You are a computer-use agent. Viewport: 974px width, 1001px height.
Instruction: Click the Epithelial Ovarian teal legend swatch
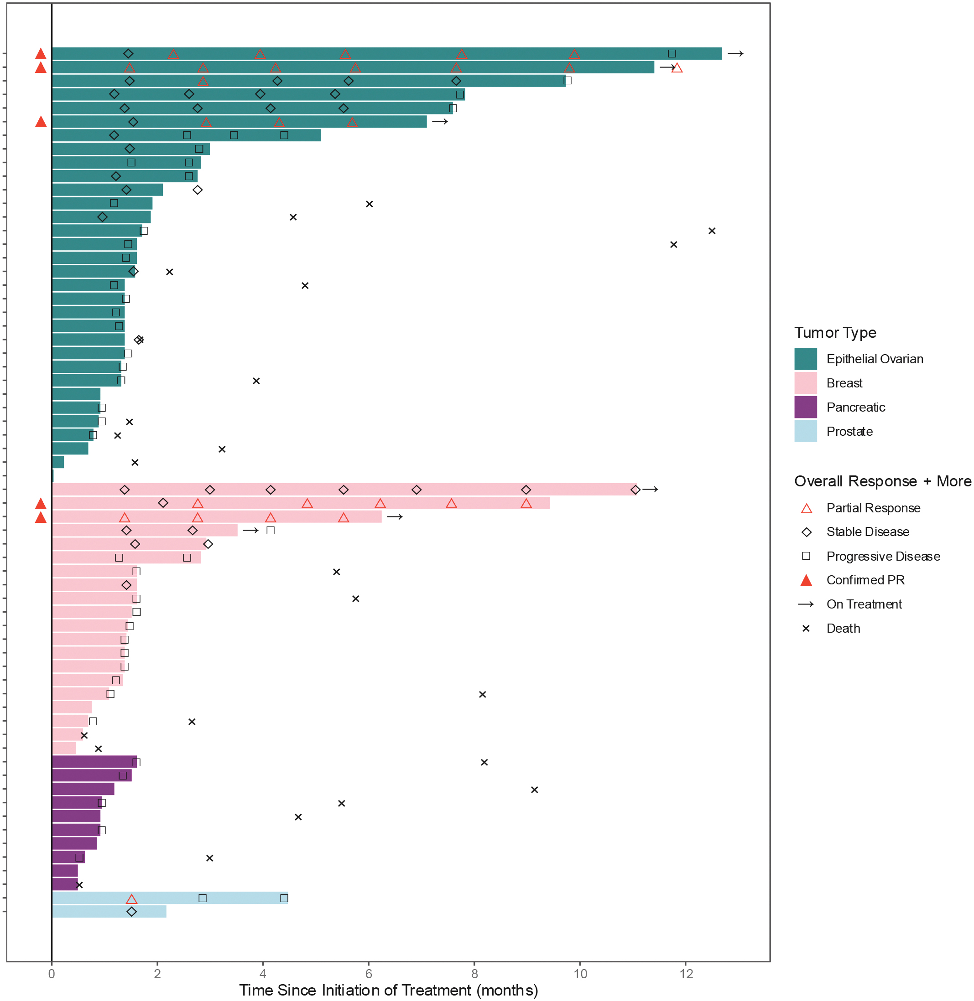805,359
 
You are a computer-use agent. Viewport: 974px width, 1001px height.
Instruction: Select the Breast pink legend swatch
805,383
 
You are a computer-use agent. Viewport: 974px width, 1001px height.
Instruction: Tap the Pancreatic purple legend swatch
805,407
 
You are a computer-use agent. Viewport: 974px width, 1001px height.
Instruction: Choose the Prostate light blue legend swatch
805,431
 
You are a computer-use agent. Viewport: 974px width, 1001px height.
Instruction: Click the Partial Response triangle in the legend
806,508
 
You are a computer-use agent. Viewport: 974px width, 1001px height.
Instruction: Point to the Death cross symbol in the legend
806,628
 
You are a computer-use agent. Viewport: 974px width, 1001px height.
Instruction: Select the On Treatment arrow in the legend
806,604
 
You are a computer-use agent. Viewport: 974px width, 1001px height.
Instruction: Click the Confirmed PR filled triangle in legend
806,580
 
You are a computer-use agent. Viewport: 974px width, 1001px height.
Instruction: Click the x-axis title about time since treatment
388,990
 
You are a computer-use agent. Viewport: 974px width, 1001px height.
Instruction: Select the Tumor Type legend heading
835,333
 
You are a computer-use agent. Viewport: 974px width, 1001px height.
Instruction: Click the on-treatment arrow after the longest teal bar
735,54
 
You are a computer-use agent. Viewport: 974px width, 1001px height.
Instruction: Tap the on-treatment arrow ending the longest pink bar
650,489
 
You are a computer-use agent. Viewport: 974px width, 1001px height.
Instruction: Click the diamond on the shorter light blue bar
131,912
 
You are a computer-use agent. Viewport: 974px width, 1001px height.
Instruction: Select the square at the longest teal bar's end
672,54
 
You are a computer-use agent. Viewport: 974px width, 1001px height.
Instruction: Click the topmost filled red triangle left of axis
41,54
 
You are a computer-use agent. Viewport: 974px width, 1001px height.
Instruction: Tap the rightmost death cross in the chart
712,231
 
